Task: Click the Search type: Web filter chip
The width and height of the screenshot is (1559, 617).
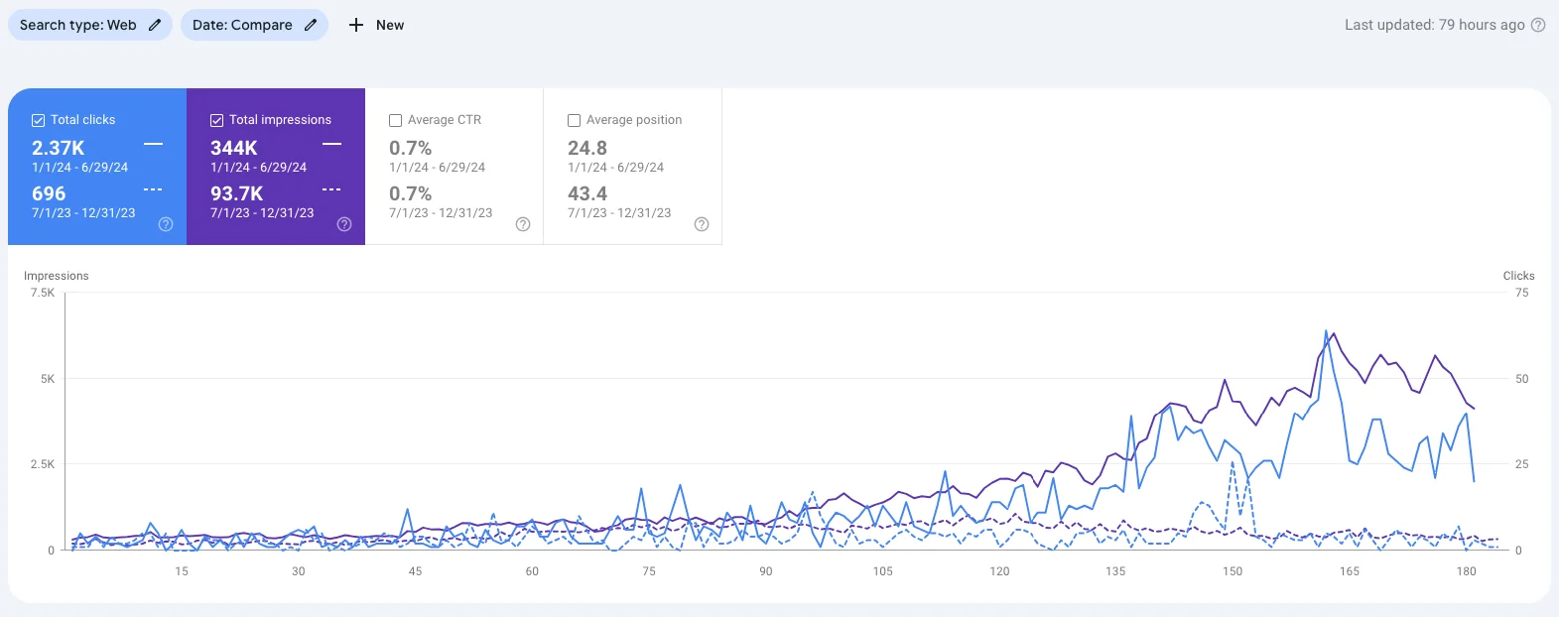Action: pyautogui.click(x=89, y=25)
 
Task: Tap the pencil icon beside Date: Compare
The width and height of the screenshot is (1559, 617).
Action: pyautogui.click(x=311, y=25)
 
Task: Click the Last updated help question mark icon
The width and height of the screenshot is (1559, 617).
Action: pyautogui.click(x=1538, y=25)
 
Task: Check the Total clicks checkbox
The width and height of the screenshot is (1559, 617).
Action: pyautogui.click(x=39, y=120)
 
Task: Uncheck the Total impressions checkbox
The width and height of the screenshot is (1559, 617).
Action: pyautogui.click(x=216, y=120)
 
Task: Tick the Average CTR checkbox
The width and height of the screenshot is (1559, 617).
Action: pyautogui.click(x=395, y=120)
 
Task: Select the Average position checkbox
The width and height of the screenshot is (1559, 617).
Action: pyautogui.click(x=574, y=120)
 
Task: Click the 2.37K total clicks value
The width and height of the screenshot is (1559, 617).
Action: pyautogui.click(x=59, y=148)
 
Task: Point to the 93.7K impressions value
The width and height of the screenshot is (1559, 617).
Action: pyautogui.click(x=236, y=193)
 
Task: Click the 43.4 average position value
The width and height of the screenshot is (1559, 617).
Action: pyautogui.click(x=587, y=193)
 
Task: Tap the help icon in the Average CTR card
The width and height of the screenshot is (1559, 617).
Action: pyautogui.click(x=523, y=224)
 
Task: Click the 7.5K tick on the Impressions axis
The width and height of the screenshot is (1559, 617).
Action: pyautogui.click(x=43, y=293)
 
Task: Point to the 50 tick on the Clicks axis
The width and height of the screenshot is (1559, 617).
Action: pyautogui.click(x=1521, y=379)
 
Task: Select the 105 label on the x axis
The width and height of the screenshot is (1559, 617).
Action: pyautogui.click(x=882, y=571)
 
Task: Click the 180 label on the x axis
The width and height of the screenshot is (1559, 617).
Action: pyautogui.click(x=1466, y=571)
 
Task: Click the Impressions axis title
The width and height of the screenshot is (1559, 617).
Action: pyautogui.click(x=57, y=276)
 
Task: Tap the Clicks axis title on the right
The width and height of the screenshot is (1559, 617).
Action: pyautogui.click(x=1518, y=276)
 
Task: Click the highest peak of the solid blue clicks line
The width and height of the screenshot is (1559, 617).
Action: pyautogui.click(x=1326, y=331)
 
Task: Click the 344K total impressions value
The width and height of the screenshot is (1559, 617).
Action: pyautogui.click(x=234, y=148)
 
